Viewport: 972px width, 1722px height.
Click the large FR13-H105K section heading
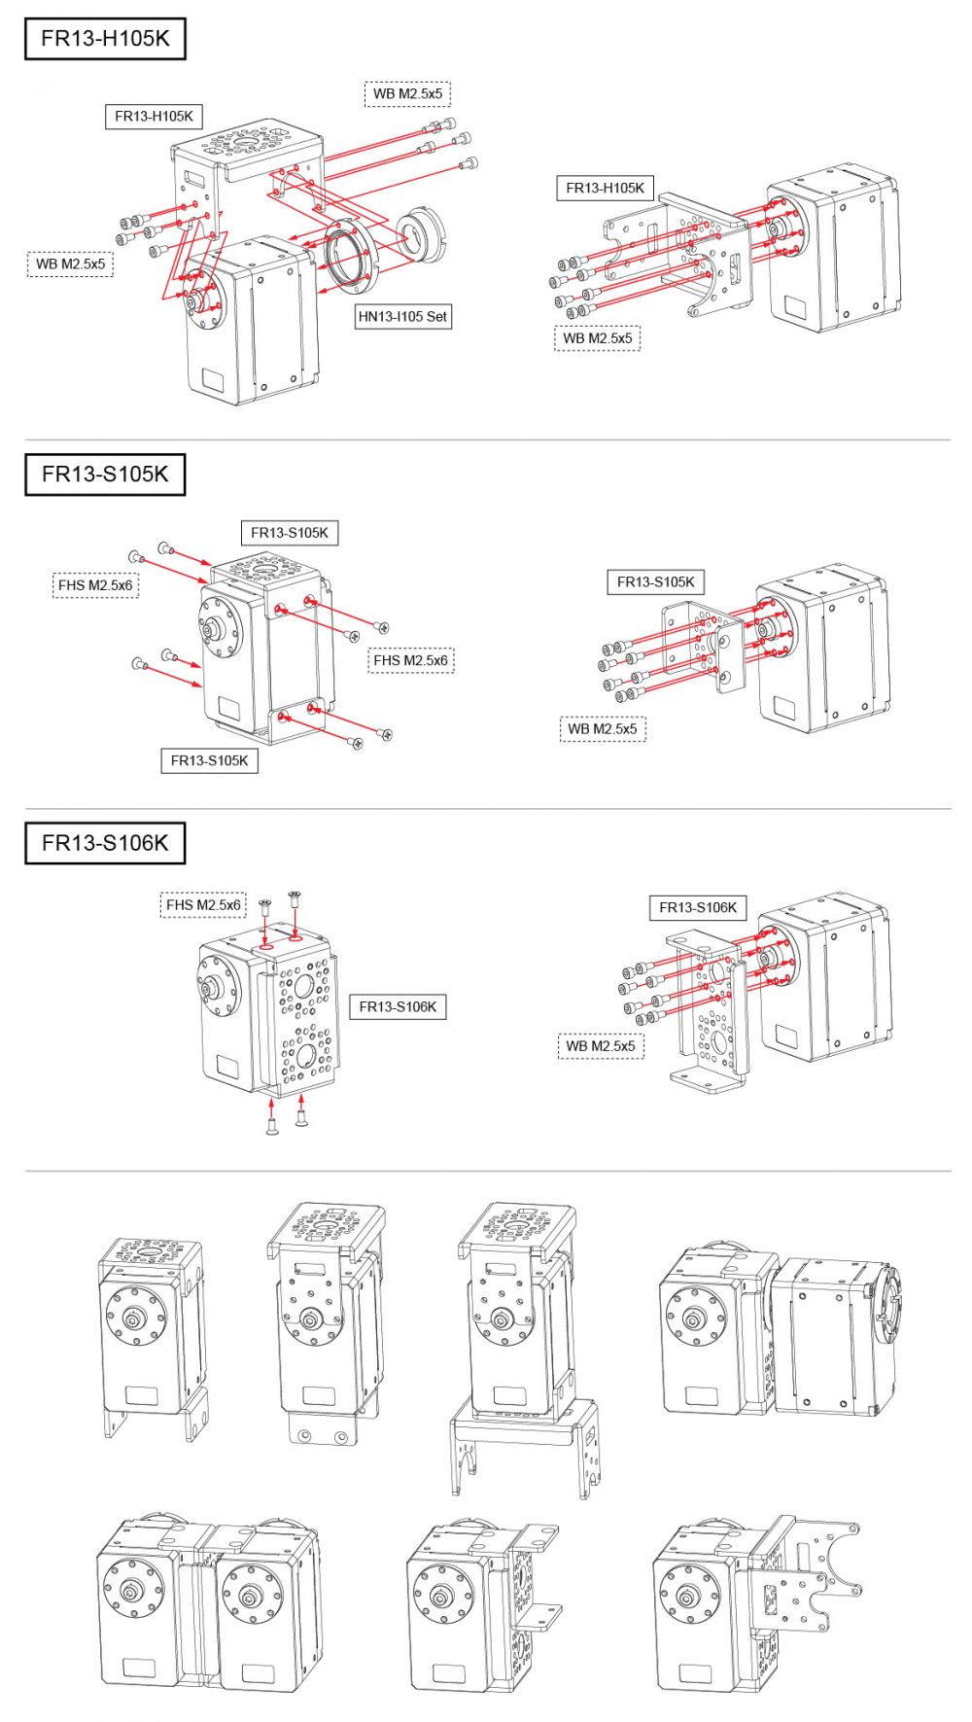105,39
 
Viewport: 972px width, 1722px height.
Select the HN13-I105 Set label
402,316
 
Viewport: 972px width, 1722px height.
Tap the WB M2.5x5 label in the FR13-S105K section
603,728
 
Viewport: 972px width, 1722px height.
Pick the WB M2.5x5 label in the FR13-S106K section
601,1045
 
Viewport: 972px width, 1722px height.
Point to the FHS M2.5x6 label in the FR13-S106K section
203,905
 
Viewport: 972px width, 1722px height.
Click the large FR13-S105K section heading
105,474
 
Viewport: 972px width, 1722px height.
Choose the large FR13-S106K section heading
105,843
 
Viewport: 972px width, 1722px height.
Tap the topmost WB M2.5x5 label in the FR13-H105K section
408,93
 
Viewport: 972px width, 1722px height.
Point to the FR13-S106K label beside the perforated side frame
398,1006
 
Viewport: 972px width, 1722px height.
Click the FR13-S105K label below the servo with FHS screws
209,760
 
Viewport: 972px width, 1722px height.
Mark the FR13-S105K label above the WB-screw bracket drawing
656,581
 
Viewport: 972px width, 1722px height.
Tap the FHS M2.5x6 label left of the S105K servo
95,585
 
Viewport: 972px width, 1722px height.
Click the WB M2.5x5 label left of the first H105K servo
70,264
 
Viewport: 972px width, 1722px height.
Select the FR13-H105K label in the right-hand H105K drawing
605,188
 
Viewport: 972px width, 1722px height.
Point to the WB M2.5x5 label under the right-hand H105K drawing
598,338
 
